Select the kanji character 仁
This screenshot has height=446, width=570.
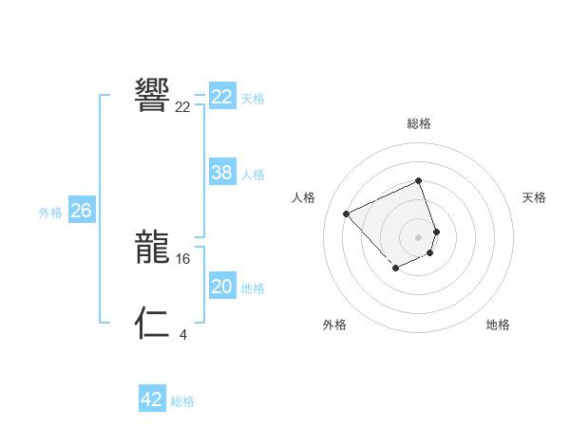(x=152, y=323)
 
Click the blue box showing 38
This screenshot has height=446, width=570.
(x=222, y=173)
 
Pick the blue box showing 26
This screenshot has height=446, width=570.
(x=81, y=211)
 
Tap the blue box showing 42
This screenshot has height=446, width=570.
(x=152, y=400)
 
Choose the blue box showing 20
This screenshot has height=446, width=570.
(x=222, y=287)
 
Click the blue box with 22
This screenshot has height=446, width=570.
(x=222, y=97)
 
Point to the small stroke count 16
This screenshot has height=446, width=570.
(x=183, y=258)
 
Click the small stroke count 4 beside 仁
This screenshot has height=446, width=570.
(x=182, y=333)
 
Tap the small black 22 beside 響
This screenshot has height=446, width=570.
(x=182, y=106)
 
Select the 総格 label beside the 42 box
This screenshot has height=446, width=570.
(x=182, y=401)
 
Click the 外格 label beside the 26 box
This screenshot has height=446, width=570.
(x=50, y=213)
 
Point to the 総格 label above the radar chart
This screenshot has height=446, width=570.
(x=418, y=123)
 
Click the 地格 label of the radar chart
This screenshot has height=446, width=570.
(x=498, y=325)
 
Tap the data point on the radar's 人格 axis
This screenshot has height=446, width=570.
(x=347, y=214)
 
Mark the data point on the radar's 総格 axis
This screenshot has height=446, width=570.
(x=418, y=180)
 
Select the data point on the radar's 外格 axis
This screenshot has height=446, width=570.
(x=395, y=268)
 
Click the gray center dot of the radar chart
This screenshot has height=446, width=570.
(x=418, y=236)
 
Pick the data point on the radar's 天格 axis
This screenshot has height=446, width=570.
(x=436, y=231)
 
